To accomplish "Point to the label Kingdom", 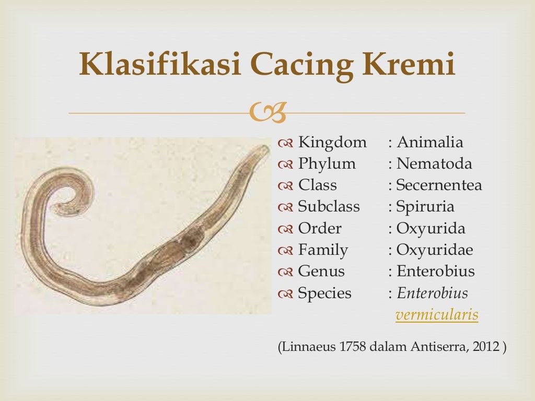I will pyautogui.click(x=332, y=143).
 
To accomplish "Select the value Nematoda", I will pyautogui.click(x=434, y=164).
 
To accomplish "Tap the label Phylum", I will pyautogui.click(x=327, y=164).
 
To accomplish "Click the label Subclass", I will pyautogui.click(x=329, y=207).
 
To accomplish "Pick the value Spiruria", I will pyautogui.click(x=425, y=207).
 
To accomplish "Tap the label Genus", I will pyautogui.click(x=321, y=272).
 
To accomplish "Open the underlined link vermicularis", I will pyautogui.click(x=437, y=315).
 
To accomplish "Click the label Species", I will pyautogui.click(x=324, y=293).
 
